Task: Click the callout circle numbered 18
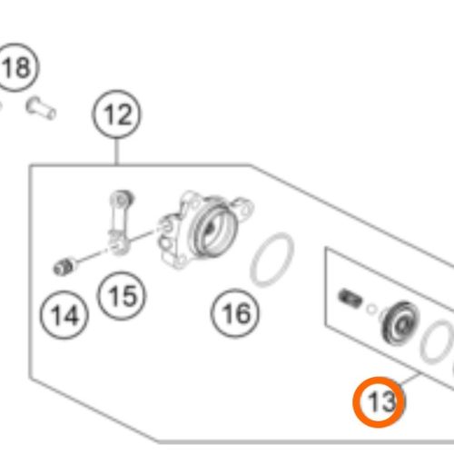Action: pyautogui.click(x=16, y=67)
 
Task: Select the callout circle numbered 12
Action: pyautogui.click(x=116, y=114)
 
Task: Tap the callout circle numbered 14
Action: pyautogui.click(x=64, y=315)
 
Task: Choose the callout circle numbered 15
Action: pyautogui.click(x=122, y=296)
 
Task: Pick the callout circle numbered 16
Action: pyautogui.click(x=235, y=313)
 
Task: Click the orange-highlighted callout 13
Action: pyautogui.click(x=379, y=402)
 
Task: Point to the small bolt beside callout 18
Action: pyautogui.click(x=41, y=108)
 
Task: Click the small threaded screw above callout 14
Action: pyautogui.click(x=64, y=266)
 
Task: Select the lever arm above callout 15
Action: pyautogui.click(x=121, y=222)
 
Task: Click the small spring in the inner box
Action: pyautogui.click(x=350, y=298)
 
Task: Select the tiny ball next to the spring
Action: pyautogui.click(x=371, y=309)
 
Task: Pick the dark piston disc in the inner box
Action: pyautogui.click(x=400, y=323)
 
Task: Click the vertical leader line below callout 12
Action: pyautogui.click(x=116, y=152)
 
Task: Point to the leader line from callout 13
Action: pyautogui.click(x=410, y=380)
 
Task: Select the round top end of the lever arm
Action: pyautogui.click(x=122, y=199)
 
